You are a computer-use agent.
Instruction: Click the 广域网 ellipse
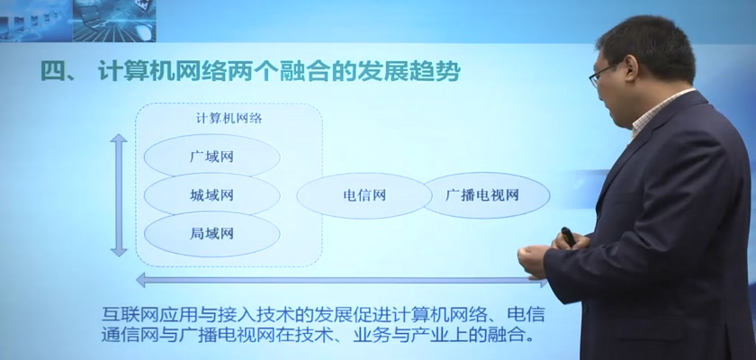(211, 156)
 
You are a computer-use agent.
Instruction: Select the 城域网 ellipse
(211, 194)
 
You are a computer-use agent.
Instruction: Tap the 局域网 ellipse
(211, 234)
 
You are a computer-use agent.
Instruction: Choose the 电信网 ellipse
(364, 195)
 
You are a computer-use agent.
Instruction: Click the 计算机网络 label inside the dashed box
(229, 119)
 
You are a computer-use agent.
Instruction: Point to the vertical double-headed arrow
(119, 194)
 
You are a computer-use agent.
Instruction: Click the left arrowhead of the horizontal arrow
(141, 280)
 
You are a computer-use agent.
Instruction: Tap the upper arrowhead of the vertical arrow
(119, 139)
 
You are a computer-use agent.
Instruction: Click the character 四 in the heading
(52, 71)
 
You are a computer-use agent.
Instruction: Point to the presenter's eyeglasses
(603, 74)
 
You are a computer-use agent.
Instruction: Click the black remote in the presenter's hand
(569, 236)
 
